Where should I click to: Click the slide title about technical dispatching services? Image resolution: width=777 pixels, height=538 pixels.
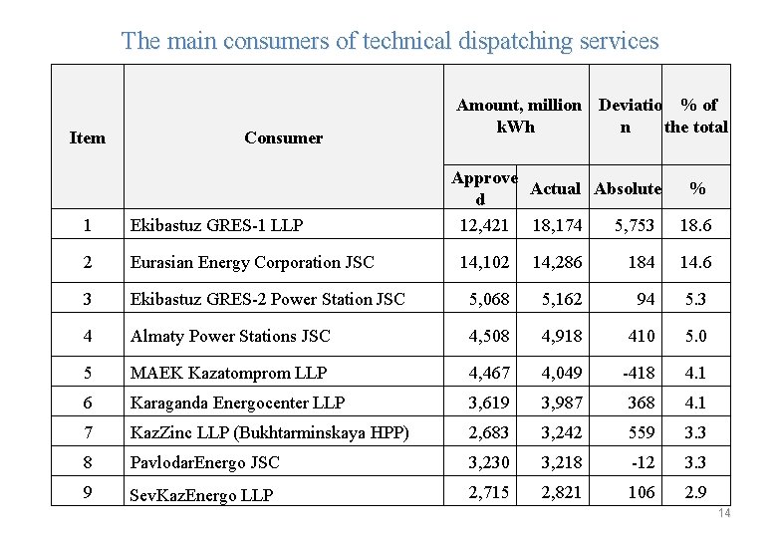[x=389, y=41]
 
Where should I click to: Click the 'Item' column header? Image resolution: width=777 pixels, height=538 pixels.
[x=87, y=137]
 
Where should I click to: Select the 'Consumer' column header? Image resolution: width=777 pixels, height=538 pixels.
[x=283, y=137]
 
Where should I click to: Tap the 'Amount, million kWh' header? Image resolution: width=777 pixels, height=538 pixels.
[x=518, y=116]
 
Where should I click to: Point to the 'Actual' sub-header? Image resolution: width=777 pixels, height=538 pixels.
[x=555, y=188]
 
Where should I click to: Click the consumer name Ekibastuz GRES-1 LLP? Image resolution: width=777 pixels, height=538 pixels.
[x=217, y=225]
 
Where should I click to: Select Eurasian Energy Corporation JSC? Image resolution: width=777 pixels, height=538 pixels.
[x=252, y=263]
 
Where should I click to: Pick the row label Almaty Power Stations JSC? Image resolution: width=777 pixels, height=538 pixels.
[x=230, y=336]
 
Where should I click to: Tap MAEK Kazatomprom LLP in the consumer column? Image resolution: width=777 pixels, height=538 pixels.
[x=228, y=373]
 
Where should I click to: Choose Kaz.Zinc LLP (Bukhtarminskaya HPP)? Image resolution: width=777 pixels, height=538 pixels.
[x=256, y=432]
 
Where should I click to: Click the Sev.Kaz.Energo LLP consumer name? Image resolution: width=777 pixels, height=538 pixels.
[x=201, y=495]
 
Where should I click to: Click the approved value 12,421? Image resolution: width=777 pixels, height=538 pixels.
[x=483, y=225]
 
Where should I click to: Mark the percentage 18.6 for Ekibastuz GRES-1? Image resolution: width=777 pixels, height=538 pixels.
[x=696, y=225]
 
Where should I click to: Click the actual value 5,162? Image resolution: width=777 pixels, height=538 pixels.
[x=562, y=299]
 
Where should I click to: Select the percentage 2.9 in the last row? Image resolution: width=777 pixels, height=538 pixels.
[x=696, y=493]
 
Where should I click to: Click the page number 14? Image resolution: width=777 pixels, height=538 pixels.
[x=724, y=513]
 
